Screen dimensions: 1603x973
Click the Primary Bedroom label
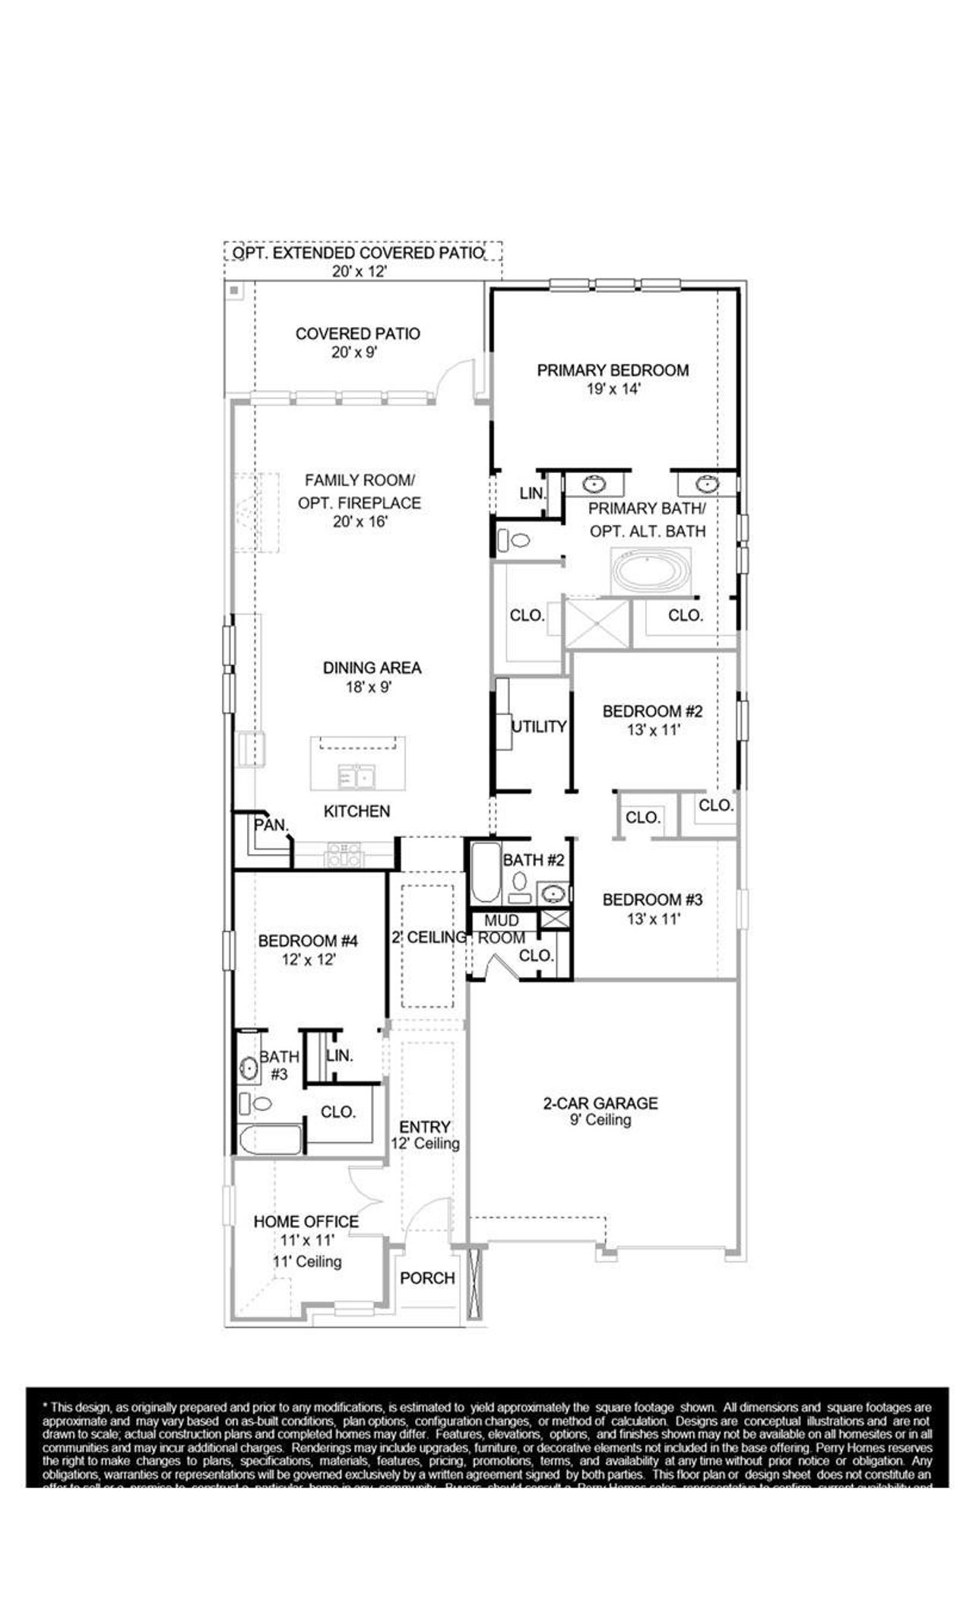point(613,370)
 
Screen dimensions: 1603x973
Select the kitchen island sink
point(357,777)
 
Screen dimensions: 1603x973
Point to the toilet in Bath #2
point(521,881)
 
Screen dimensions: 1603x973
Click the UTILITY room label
point(539,726)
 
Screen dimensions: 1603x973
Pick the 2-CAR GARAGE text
point(601,1103)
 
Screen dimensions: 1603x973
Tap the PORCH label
point(427,1278)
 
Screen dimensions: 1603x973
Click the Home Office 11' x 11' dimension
point(306,1240)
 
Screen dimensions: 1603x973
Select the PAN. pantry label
point(271,824)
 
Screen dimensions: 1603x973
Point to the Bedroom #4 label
point(308,941)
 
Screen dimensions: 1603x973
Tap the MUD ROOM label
point(501,929)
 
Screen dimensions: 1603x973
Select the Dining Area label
point(372,668)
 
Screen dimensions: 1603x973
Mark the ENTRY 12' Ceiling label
point(425,1135)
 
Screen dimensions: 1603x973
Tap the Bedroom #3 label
point(652,900)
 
